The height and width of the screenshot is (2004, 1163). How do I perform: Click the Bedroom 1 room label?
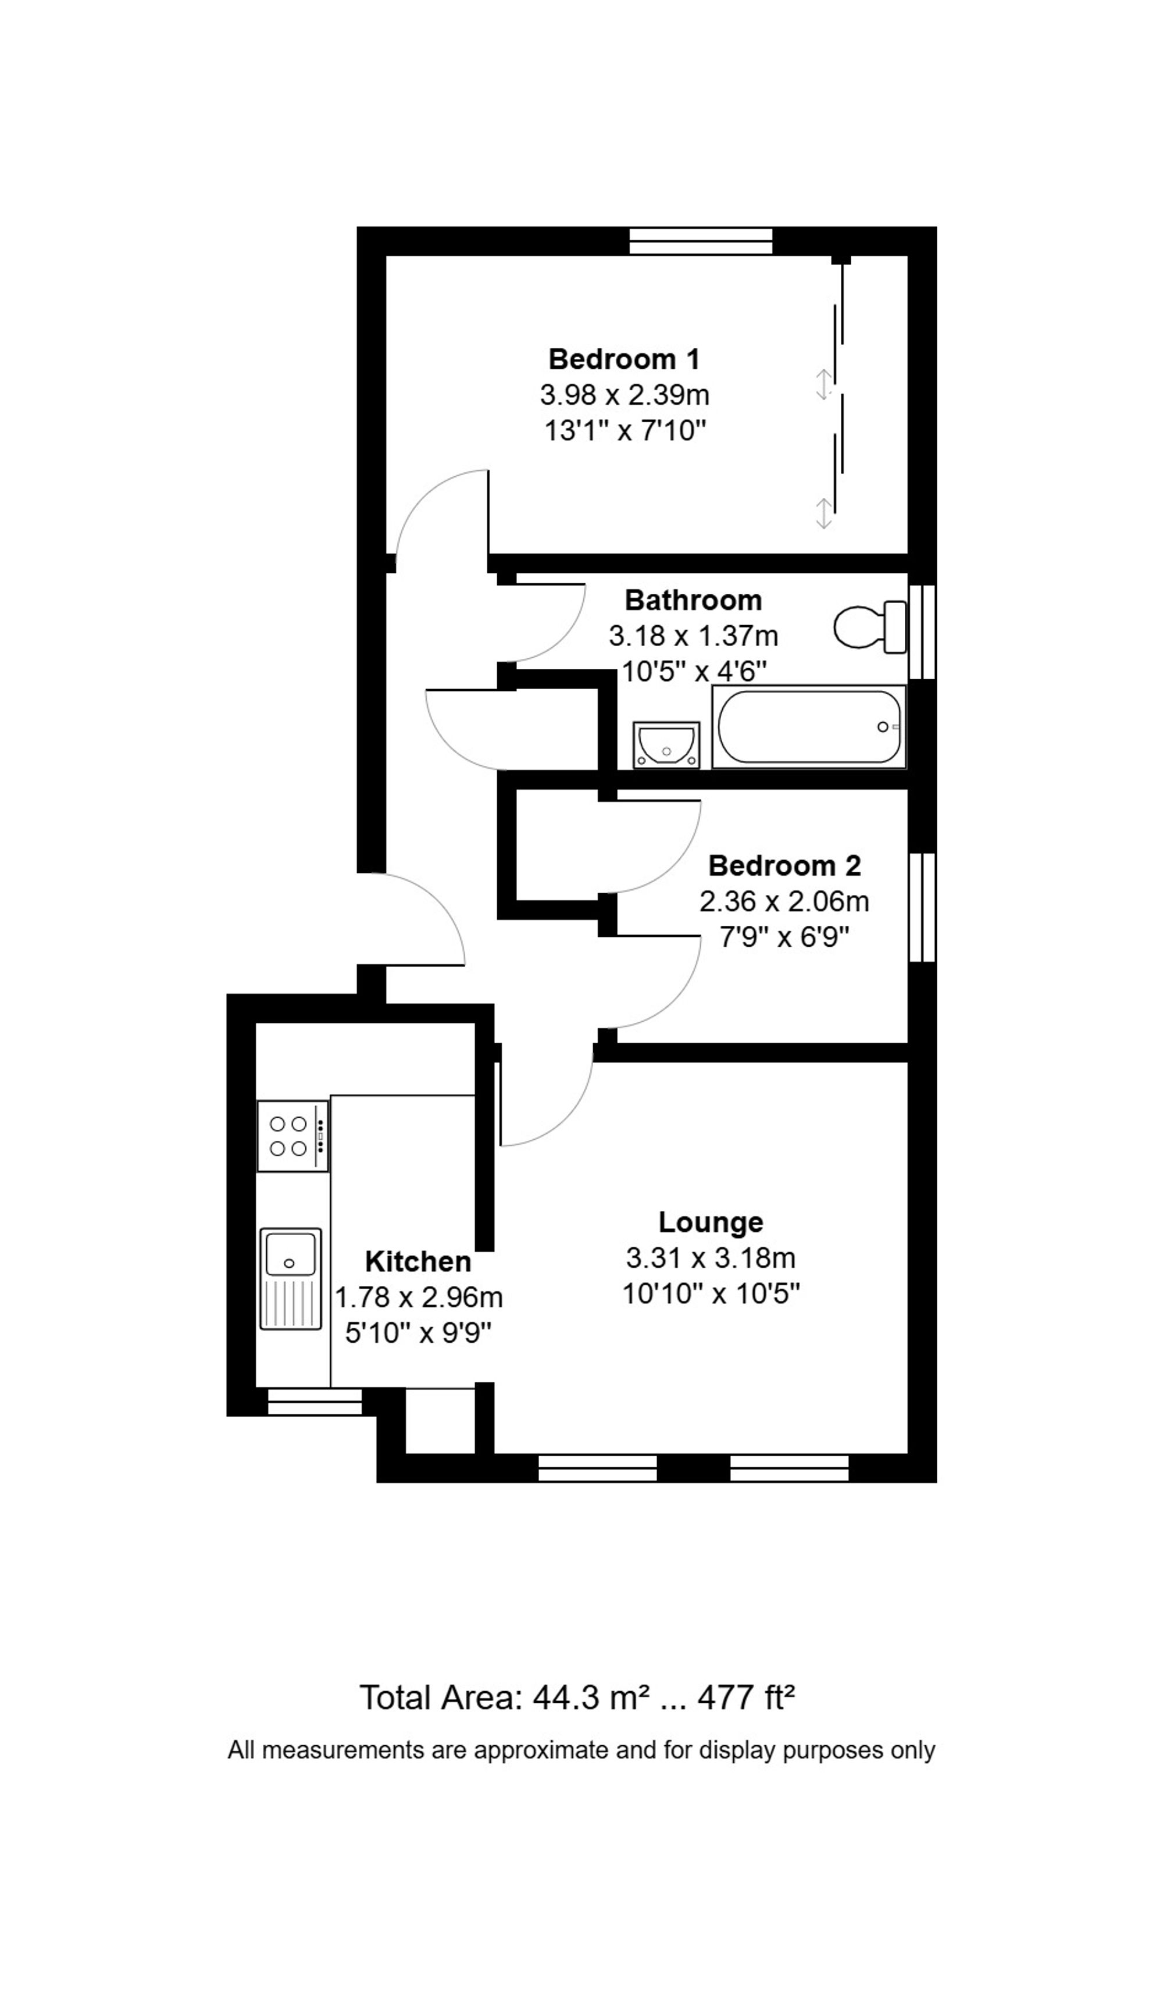coord(623,359)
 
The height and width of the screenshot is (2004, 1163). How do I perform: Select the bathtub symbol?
coord(808,727)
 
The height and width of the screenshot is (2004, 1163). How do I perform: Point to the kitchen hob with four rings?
coord(292,1136)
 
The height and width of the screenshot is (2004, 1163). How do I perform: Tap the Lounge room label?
coord(710,1221)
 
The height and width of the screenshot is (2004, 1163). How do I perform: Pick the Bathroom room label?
coord(693,600)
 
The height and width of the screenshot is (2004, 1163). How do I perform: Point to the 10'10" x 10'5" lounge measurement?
coord(710,1294)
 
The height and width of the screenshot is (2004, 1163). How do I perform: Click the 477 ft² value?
coord(745,1698)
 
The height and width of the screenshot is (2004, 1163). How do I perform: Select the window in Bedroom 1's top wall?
coord(700,241)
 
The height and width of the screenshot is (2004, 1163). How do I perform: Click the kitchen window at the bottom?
coord(314,1402)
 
